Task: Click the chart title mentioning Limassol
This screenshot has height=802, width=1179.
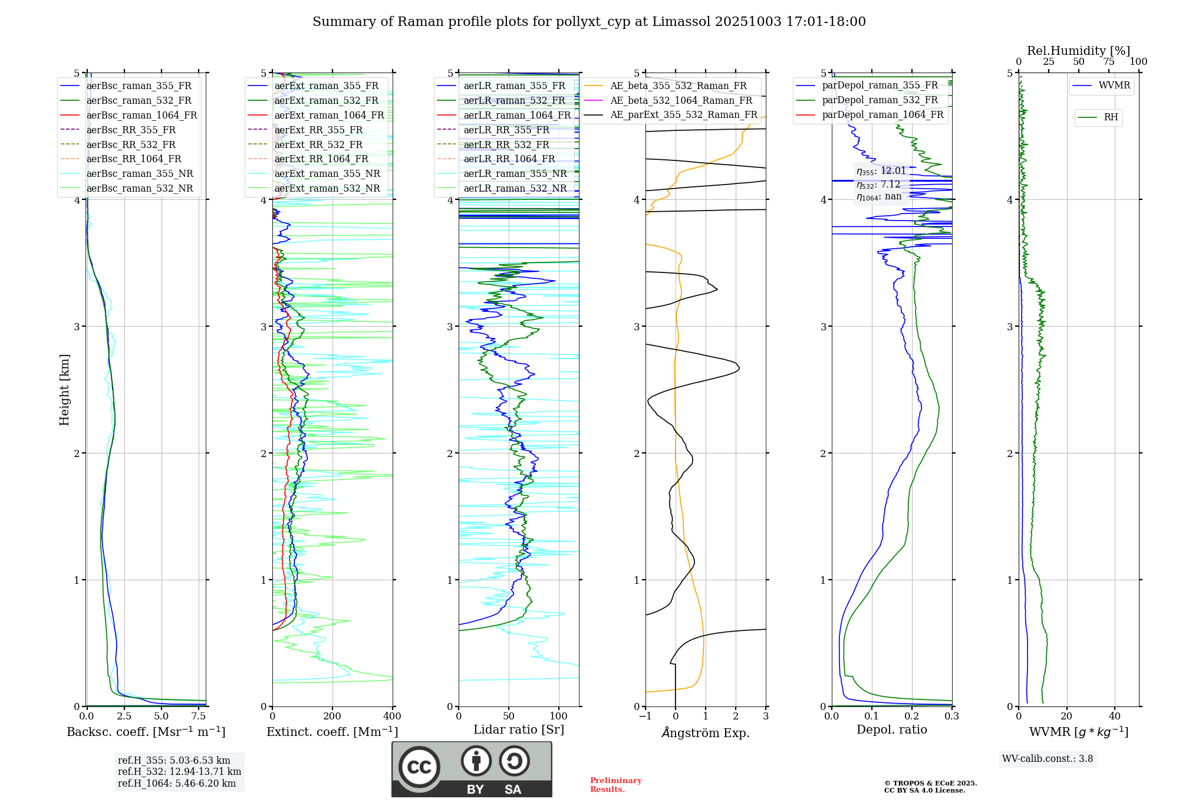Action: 589,22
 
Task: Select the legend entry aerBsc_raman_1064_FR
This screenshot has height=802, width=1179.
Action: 141,115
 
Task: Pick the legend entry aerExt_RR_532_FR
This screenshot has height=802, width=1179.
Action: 318,144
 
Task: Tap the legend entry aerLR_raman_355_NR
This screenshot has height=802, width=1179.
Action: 515,173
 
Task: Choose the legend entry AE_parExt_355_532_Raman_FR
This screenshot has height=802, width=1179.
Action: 683,114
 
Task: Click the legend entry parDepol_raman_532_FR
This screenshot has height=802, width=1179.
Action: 880,100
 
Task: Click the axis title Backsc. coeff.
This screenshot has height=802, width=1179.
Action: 146,732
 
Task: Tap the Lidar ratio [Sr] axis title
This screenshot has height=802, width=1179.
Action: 519,729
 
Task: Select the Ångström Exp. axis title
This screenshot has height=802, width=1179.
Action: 706,732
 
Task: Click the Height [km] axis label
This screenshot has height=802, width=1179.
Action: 64,390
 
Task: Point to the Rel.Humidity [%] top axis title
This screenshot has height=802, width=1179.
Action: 1078,51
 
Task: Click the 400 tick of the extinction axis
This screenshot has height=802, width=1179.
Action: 392,716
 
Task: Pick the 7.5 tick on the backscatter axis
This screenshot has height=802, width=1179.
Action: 199,716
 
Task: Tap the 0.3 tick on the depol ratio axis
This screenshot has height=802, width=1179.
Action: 951,716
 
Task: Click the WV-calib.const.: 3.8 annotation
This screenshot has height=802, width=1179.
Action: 1048,759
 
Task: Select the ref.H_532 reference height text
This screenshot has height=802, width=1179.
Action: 179,771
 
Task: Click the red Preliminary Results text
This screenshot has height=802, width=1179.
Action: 615,785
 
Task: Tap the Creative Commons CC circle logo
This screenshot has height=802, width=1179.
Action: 419,767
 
